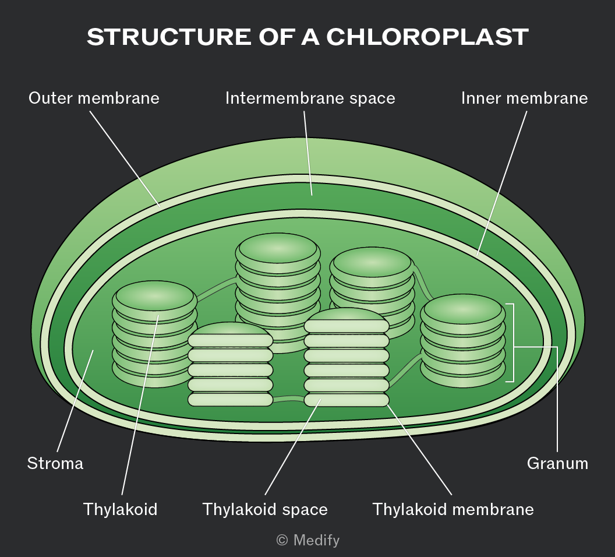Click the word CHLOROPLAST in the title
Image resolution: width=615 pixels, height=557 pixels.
[427, 37]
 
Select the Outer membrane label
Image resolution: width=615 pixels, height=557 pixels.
[94, 98]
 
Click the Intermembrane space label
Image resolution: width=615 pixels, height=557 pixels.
[310, 98]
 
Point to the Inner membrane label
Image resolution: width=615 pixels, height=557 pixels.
[524, 98]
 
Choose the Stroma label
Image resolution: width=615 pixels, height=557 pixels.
[55, 463]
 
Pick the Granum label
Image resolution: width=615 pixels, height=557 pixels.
[557, 463]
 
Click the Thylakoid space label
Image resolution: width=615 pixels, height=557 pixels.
[265, 510]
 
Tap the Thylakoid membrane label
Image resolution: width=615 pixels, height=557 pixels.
[453, 510]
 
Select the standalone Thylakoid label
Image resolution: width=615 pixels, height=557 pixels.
[120, 510]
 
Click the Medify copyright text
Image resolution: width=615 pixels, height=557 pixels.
[308, 540]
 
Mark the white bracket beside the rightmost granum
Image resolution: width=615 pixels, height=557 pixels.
[512, 343]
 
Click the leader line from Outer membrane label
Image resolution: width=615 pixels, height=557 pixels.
[125, 158]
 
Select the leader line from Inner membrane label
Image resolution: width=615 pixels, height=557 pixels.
[501, 183]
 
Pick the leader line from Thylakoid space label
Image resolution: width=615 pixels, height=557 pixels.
[292, 447]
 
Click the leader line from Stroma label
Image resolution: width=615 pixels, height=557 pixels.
[75, 401]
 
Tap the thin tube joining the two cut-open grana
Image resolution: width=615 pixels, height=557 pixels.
[288, 399]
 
